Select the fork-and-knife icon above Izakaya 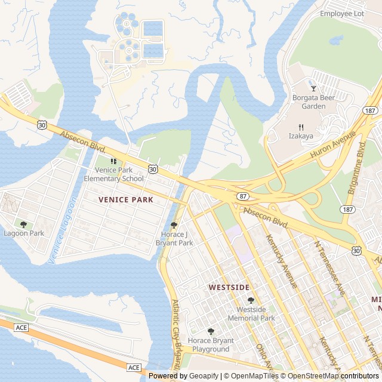pyautogui.click(x=301, y=127)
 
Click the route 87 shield pyautogui.click(x=242, y=196)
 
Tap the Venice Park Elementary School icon pyautogui.click(x=113, y=161)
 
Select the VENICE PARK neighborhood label pyautogui.click(x=125, y=199)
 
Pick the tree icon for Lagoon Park pyautogui.click(x=23, y=224)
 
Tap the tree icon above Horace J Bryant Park pyautogui.click(x=174, y=225)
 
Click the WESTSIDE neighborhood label pyautogui.click(x=229, y=287)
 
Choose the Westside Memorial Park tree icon pyautogui.click(x=251, y=300)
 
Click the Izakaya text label pyautogui.click(x=301, y=136)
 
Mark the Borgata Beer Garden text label pyautogui.click(x=309, y=102)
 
